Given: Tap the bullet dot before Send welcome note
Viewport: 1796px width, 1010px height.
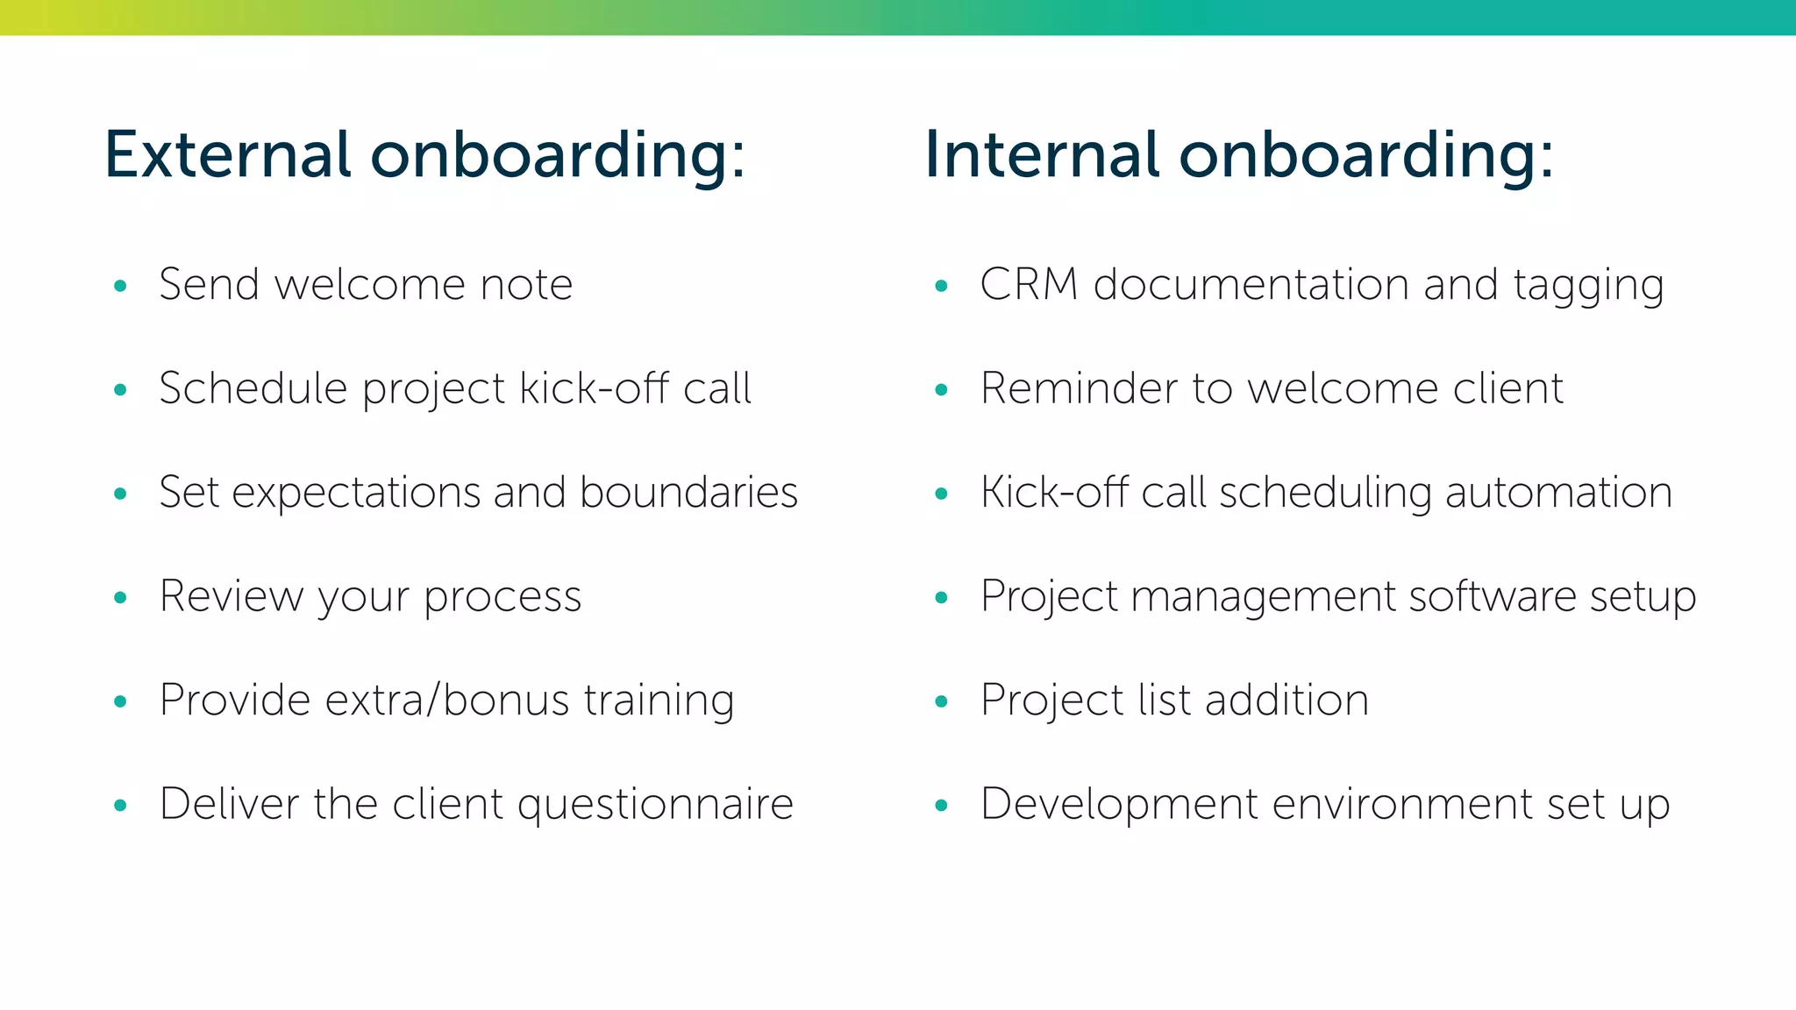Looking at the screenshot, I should [x=121, y=286].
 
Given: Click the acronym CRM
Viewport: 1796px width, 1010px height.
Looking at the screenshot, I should [x=1029, y=285].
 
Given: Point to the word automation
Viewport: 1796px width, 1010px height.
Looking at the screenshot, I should [x=1558, y=492].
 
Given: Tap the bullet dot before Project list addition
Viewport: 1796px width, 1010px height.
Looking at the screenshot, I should [x=942, y=701].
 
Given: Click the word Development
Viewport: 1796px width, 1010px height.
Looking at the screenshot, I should [x=1118, y=804].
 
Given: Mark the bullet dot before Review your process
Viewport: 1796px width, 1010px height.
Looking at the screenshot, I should [x=121, y=598].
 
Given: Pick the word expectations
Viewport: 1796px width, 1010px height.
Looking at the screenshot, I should [x=355, y=494].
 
